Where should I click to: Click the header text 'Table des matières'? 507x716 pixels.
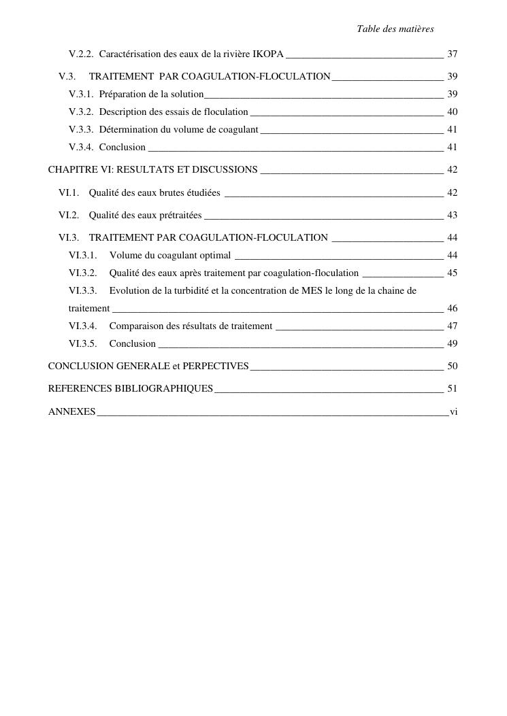click(x=395, y=29)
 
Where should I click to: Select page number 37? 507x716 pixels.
click(x=452, y=54)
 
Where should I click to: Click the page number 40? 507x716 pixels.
click(x=452, y=112)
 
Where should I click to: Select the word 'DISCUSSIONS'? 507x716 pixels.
click(x=225, y=169)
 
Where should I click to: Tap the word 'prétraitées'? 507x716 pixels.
click(x=180, y=215)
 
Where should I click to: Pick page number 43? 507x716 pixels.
click(x=452, y=215)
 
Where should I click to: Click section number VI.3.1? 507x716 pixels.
click(x=83, y=255)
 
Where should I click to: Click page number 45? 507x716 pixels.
click(x=452, y=273)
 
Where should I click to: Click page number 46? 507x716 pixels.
click(x=452, y=308)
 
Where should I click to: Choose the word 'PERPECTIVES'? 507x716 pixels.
click(x=215, y=366)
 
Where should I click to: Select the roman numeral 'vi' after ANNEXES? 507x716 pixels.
click(x=453, y=411)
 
